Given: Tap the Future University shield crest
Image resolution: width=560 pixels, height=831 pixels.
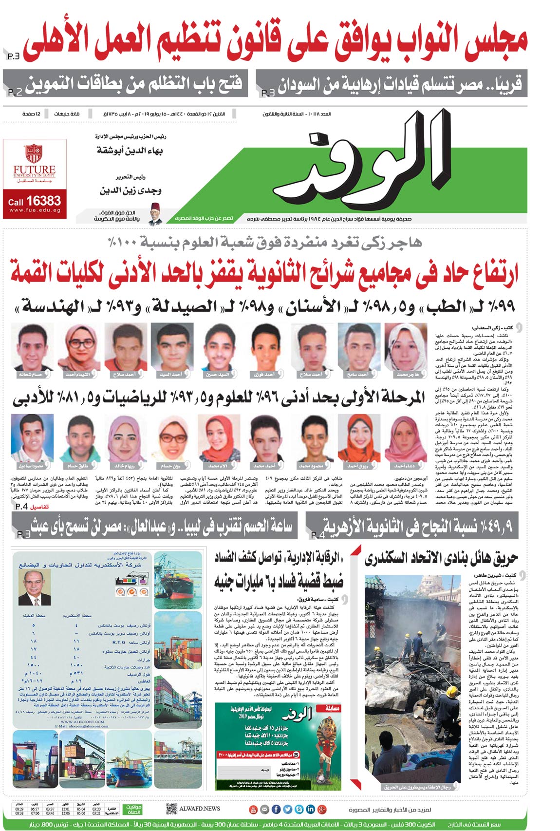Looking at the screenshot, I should pyautogui.click(x=34, y=153).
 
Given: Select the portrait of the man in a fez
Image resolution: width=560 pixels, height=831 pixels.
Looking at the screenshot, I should pyautogui.click(x=155, y=214).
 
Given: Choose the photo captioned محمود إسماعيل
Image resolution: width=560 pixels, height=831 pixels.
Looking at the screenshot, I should pyautogui.click(x=32, y=437).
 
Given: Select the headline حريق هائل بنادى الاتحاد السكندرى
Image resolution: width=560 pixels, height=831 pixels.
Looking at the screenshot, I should pyautogui.click(x=441, y=558).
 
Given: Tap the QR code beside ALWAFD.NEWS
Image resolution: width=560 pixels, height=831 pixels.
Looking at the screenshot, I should pyautogui.click(x=171, y=809).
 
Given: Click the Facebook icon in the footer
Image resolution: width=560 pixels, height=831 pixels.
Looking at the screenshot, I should pyautogui.click(x=276, y=809).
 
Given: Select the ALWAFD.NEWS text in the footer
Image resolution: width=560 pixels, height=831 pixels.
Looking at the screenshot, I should pyautogui.click(x=200, y=809).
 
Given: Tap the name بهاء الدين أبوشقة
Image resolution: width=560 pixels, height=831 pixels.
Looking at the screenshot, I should pyautogui.click(x=130, y=151).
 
